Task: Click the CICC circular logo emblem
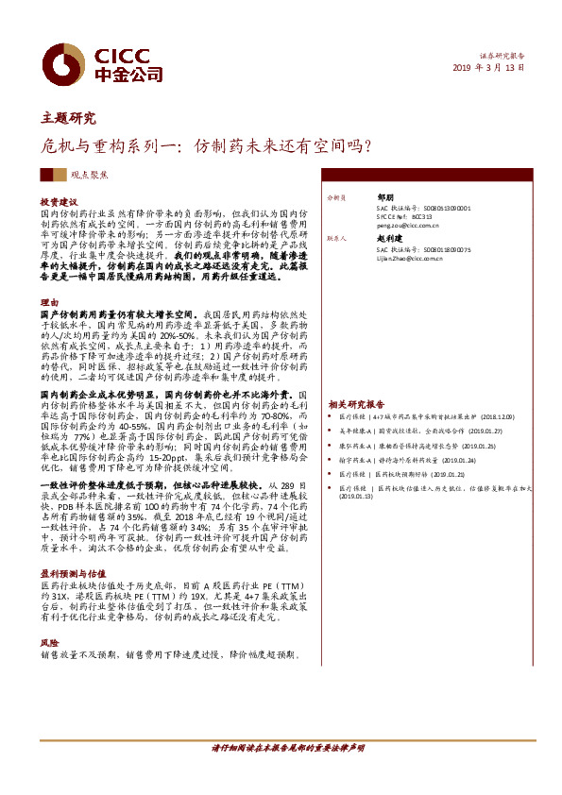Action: point(67,64)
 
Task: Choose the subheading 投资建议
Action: point(58,202)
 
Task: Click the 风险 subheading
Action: point(49,642)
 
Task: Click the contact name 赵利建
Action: point(378,240)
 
